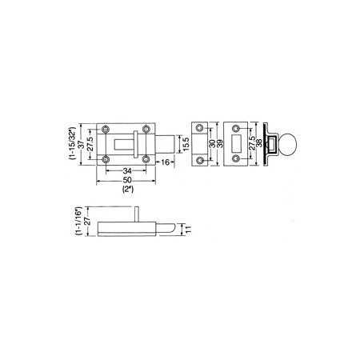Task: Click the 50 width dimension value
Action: pyautogui.click(x=127, y=180)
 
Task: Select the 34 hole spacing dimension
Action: pyautogui.click(x=127, y=170)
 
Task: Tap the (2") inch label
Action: pyautogui.click(x=128, y=190)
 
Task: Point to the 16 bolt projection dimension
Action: pyautogui.click(x=166, y=162)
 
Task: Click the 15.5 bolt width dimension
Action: pyautogui.click(x=186, y=144)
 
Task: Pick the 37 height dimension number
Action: pyautogui.click(x=82, y=144)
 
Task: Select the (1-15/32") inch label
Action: pyautogui.click(x=73, y=143)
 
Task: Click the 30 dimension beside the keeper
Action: pyautogui.click(x=213, y=144)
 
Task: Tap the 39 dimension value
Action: pyautogui.click(x=221, y=144)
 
